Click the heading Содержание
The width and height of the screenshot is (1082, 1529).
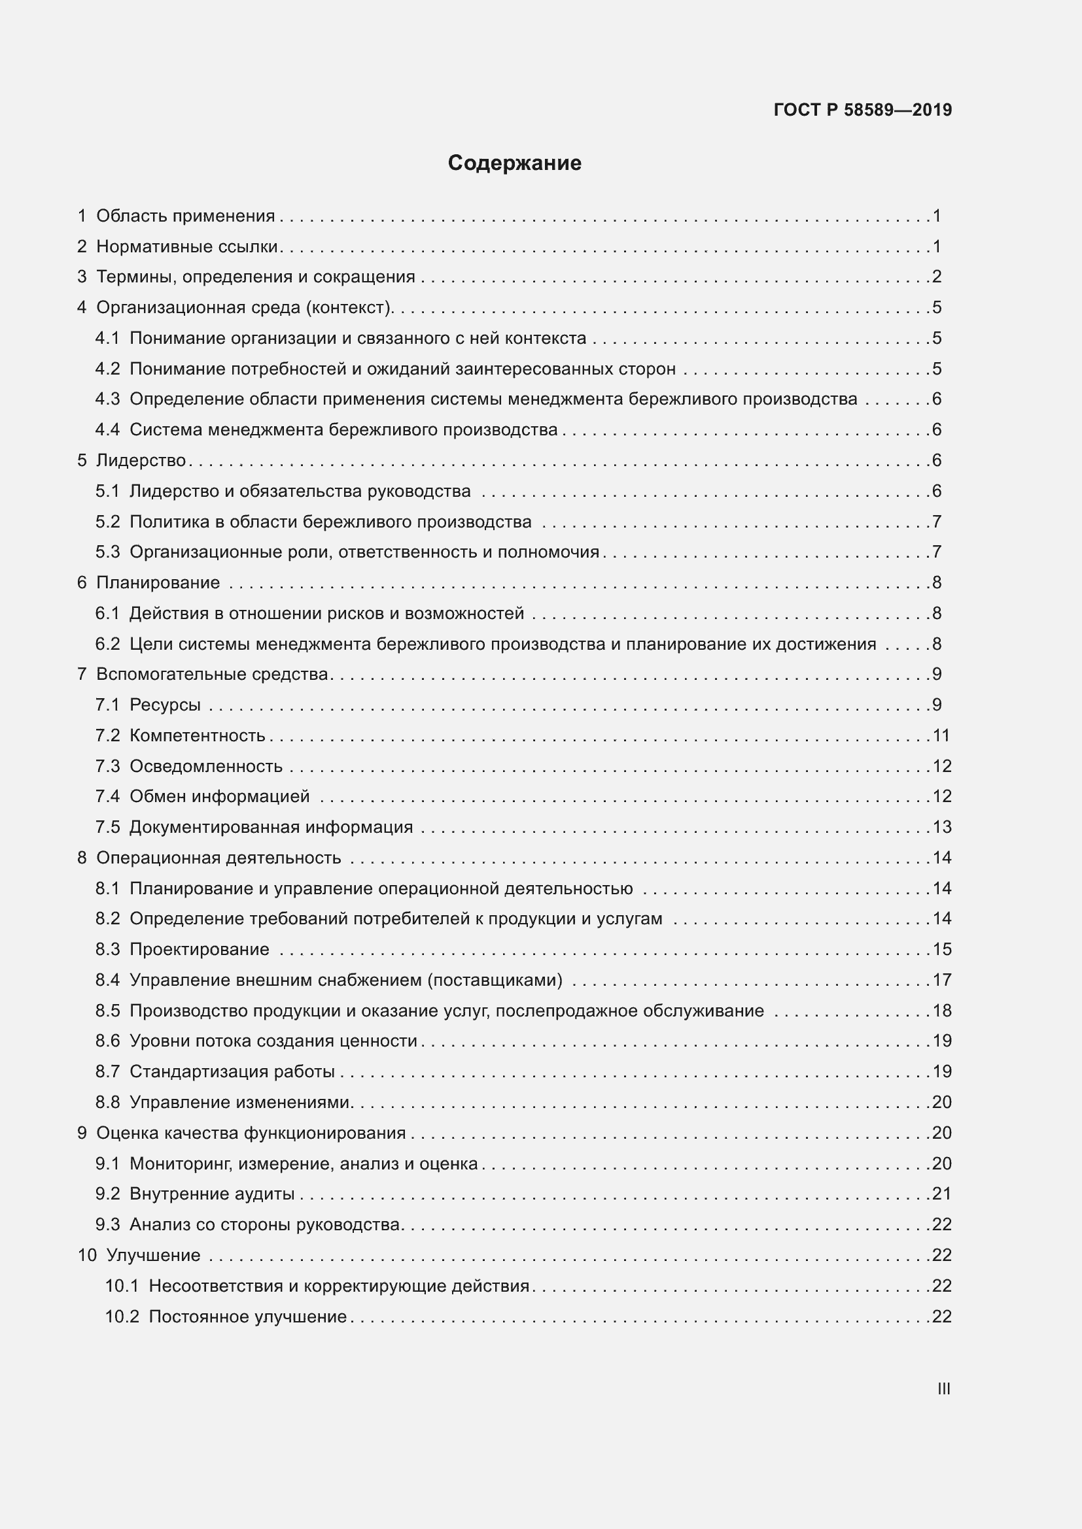[x=514, y=163]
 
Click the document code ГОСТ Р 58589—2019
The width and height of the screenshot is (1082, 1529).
[x=862, y=110]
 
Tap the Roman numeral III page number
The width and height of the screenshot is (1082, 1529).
[x=943, y=1388]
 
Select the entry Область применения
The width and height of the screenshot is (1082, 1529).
[x=185, y=216]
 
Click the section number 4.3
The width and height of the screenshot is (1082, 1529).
[x=107, y=399]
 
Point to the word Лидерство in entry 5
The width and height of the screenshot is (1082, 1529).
[x=141, y=460]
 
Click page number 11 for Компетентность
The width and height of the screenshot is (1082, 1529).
[x=941, y=735]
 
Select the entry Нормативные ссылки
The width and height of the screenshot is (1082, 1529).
[x=186, y=246]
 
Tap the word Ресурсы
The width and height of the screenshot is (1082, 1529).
[x=165, y=705]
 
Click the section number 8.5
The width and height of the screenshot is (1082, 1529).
[x=107, y=1010]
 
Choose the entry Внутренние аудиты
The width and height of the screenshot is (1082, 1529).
[x=212, y=1194]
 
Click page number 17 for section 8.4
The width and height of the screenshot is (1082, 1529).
[x=941, y=980]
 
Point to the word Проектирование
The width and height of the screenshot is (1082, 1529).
[x=200, y=949]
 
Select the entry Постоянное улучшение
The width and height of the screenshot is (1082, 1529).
[x=247, y=1316]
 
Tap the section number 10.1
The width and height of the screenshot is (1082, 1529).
[x=121, y=1285]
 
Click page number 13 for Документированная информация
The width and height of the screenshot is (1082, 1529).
[x=941, y=826]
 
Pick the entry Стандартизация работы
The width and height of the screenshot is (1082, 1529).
[x=232, y=1071]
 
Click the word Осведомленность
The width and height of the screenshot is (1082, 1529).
[x=206, y=766]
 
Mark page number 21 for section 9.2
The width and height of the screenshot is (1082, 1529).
[x=941, y=1194]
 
